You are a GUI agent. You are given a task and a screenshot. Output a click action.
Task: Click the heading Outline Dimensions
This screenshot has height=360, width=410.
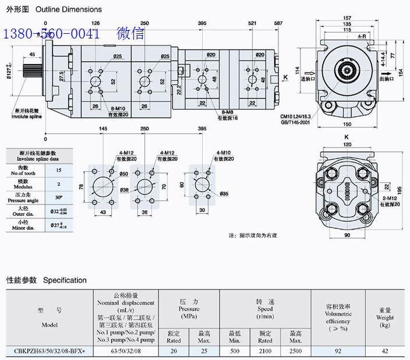point(68,9)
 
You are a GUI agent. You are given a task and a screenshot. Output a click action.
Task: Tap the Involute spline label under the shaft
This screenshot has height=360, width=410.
point(27,116)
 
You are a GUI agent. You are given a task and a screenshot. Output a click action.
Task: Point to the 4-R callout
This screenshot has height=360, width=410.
point(362,37)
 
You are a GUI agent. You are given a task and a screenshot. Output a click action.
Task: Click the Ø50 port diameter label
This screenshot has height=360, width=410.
point(123,174)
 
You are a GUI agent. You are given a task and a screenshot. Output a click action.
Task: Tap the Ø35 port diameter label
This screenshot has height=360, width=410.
point(224,193)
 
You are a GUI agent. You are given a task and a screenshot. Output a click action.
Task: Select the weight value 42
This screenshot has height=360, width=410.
point(385,351)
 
